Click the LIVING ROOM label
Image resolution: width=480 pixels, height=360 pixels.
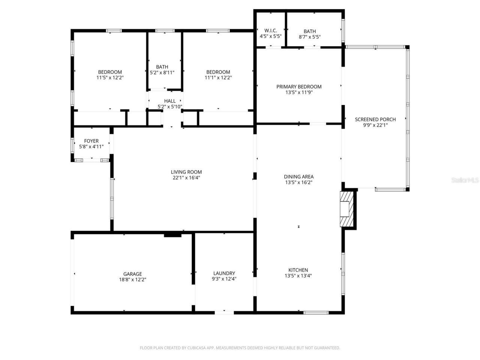pos(186,172)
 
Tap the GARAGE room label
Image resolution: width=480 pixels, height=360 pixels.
pos(132,274)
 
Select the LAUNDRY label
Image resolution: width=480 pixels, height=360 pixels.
pos(224,273)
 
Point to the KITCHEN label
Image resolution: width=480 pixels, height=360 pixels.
pos(298,270)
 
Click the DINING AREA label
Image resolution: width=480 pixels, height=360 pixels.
pos(298,177)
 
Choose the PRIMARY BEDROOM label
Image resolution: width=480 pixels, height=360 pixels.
pos(299,87)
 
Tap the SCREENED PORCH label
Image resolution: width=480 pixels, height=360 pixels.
pos(375,120)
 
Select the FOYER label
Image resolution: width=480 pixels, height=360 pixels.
pos(91,141)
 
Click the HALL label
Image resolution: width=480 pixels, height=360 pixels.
pos(170,101)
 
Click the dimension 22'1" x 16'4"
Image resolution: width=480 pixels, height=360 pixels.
pos(186,178)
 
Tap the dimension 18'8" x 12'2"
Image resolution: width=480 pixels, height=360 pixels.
pos(132,279)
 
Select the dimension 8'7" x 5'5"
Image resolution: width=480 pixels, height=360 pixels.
pos(309,37)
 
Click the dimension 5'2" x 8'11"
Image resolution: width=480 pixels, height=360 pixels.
pos(162,72)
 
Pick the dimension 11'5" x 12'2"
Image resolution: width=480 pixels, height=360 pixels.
pos(110,78)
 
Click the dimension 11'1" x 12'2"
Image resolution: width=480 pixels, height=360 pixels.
pos(218,78)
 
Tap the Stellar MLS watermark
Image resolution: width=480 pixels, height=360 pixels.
pos(465,180)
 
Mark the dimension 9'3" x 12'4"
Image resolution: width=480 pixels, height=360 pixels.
pos(224,279)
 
